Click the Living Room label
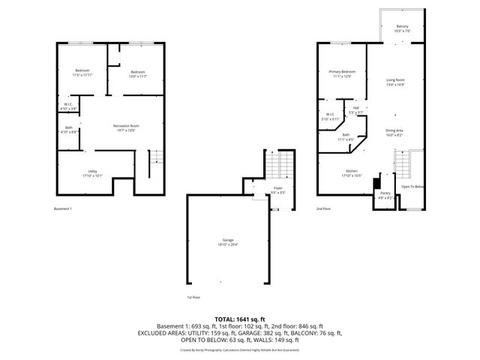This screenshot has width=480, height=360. point(395,82)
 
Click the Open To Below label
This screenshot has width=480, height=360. point(412,186)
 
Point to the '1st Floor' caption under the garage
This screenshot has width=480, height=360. point(193,298)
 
